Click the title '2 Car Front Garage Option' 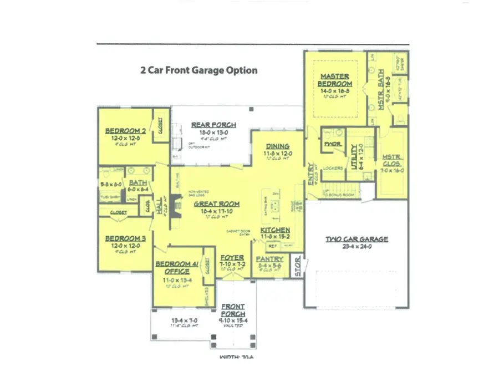click(198, 70)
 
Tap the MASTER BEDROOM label click(334, 80)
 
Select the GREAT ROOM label click(216, 204)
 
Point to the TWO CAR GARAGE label click(357, 240)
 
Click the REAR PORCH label click(213, 125)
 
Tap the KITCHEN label click(275, 230)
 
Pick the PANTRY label click(270, 259)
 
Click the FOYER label click(232, 258)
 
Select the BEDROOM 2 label click(125, 131)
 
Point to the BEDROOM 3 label click(125, 238)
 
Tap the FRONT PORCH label click(233, 310)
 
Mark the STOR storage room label click(297, 267)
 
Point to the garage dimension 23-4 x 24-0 click(357, 247)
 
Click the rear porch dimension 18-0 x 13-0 click(213, 133)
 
